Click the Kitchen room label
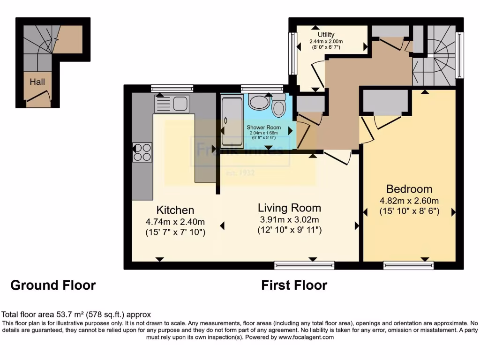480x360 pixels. click(175, 210)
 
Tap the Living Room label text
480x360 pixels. click(289, 208)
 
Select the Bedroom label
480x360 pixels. click(409, 189)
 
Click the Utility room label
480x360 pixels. click(326, 35)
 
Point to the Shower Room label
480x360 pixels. click(264, 127)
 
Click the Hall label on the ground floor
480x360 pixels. click(37, 82)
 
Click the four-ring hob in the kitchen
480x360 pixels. click(142, 152)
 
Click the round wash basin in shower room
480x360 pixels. click(257, 101)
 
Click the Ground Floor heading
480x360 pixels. click(53, 285)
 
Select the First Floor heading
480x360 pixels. click(294, 285)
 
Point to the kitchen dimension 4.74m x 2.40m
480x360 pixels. click(175, 222)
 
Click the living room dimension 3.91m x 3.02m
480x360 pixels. click(289, 220)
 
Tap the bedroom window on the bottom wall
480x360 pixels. click(408, 265)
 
